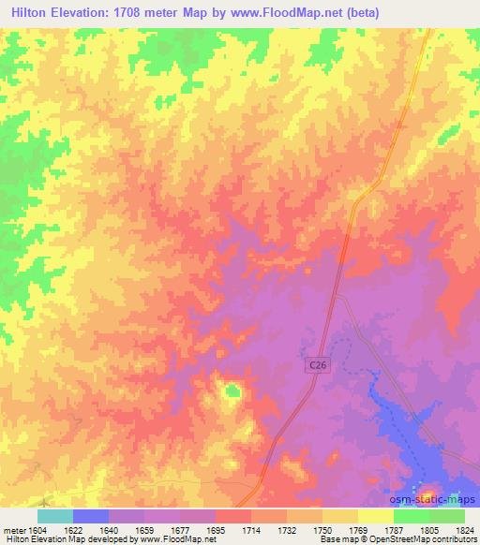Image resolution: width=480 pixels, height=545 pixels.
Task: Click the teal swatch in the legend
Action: pyautogui.click(x=55, y=516)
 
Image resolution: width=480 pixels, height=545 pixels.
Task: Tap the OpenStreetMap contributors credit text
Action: pyautogui.click(x=421, y=539)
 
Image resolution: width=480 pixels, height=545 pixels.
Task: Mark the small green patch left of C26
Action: pyautogui.click(x=232, y=390)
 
